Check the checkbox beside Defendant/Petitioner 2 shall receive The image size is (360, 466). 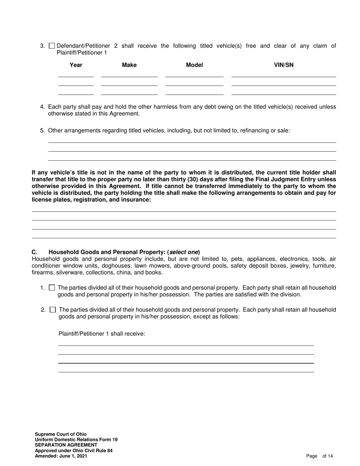click(52, 46)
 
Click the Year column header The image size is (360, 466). click(76, 65)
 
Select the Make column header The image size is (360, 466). click(129, 65)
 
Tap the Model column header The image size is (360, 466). click(194, 65)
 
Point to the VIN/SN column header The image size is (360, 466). click(283, 65)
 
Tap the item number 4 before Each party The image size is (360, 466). click(42, 107)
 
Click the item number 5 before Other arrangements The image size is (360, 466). click(42, 131)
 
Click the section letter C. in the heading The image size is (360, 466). click(34, 252)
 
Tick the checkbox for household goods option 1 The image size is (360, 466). click(52, 288)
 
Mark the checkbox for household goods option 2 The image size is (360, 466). click(53, 310)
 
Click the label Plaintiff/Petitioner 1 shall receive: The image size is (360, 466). click(102, 334)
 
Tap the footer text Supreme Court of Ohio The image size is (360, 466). click(61, 434)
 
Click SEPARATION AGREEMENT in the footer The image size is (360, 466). click(66, 445)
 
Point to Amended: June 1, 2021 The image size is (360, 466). click(61, 456)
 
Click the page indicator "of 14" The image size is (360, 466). click(328, 456)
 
